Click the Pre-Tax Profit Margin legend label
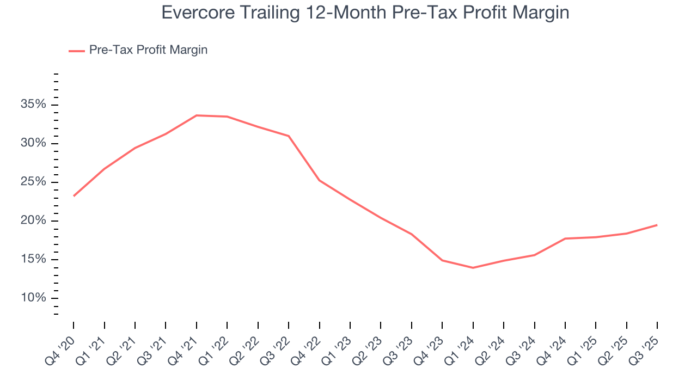pos(148,50)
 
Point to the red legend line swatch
pos(76,51)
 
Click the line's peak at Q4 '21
pos(197,115)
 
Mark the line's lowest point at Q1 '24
pos(473,268)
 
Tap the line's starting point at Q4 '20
pos(74,196)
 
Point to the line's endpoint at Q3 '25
pos(657,225)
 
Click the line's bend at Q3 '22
pos(289,136)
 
